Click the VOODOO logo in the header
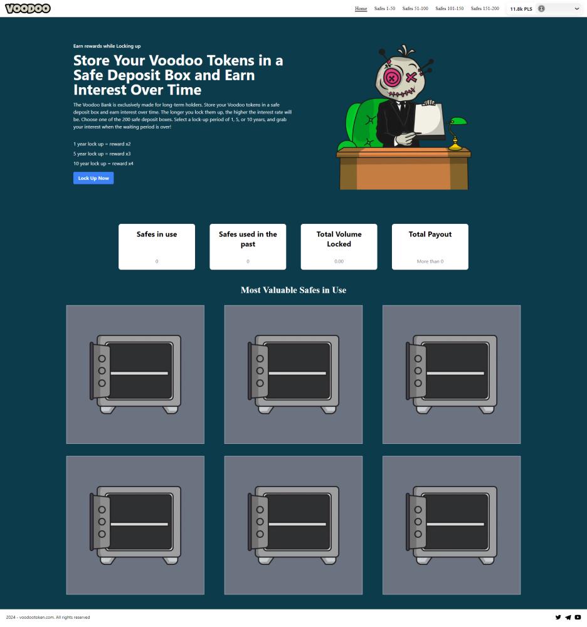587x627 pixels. (x=28, y=8)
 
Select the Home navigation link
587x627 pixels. (x=361, y=8)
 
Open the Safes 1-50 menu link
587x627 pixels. (x=384, y=8)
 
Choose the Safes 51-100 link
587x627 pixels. (x=415, y=8)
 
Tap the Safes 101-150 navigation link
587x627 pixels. (x=450, y=8)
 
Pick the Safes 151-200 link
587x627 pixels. (x=485, y=8)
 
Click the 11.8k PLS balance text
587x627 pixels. (x=521, y=9)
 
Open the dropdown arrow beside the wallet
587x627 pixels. (x=576, y=8)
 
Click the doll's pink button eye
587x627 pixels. (x=392, y=78)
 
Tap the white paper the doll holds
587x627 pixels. (x=430, y=120)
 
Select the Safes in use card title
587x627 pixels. (x=157, y=234)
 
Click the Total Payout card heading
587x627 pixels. (x=430, y=234)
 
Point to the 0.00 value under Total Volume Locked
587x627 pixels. (x=339, y=261)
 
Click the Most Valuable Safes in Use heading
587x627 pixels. (x=293, y=290)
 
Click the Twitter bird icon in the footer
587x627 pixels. (x=558, y=617)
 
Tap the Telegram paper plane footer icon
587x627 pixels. (x=568, y=617)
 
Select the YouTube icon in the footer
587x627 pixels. (x=578, y=617)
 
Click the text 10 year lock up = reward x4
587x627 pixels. (x=103, y=164)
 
